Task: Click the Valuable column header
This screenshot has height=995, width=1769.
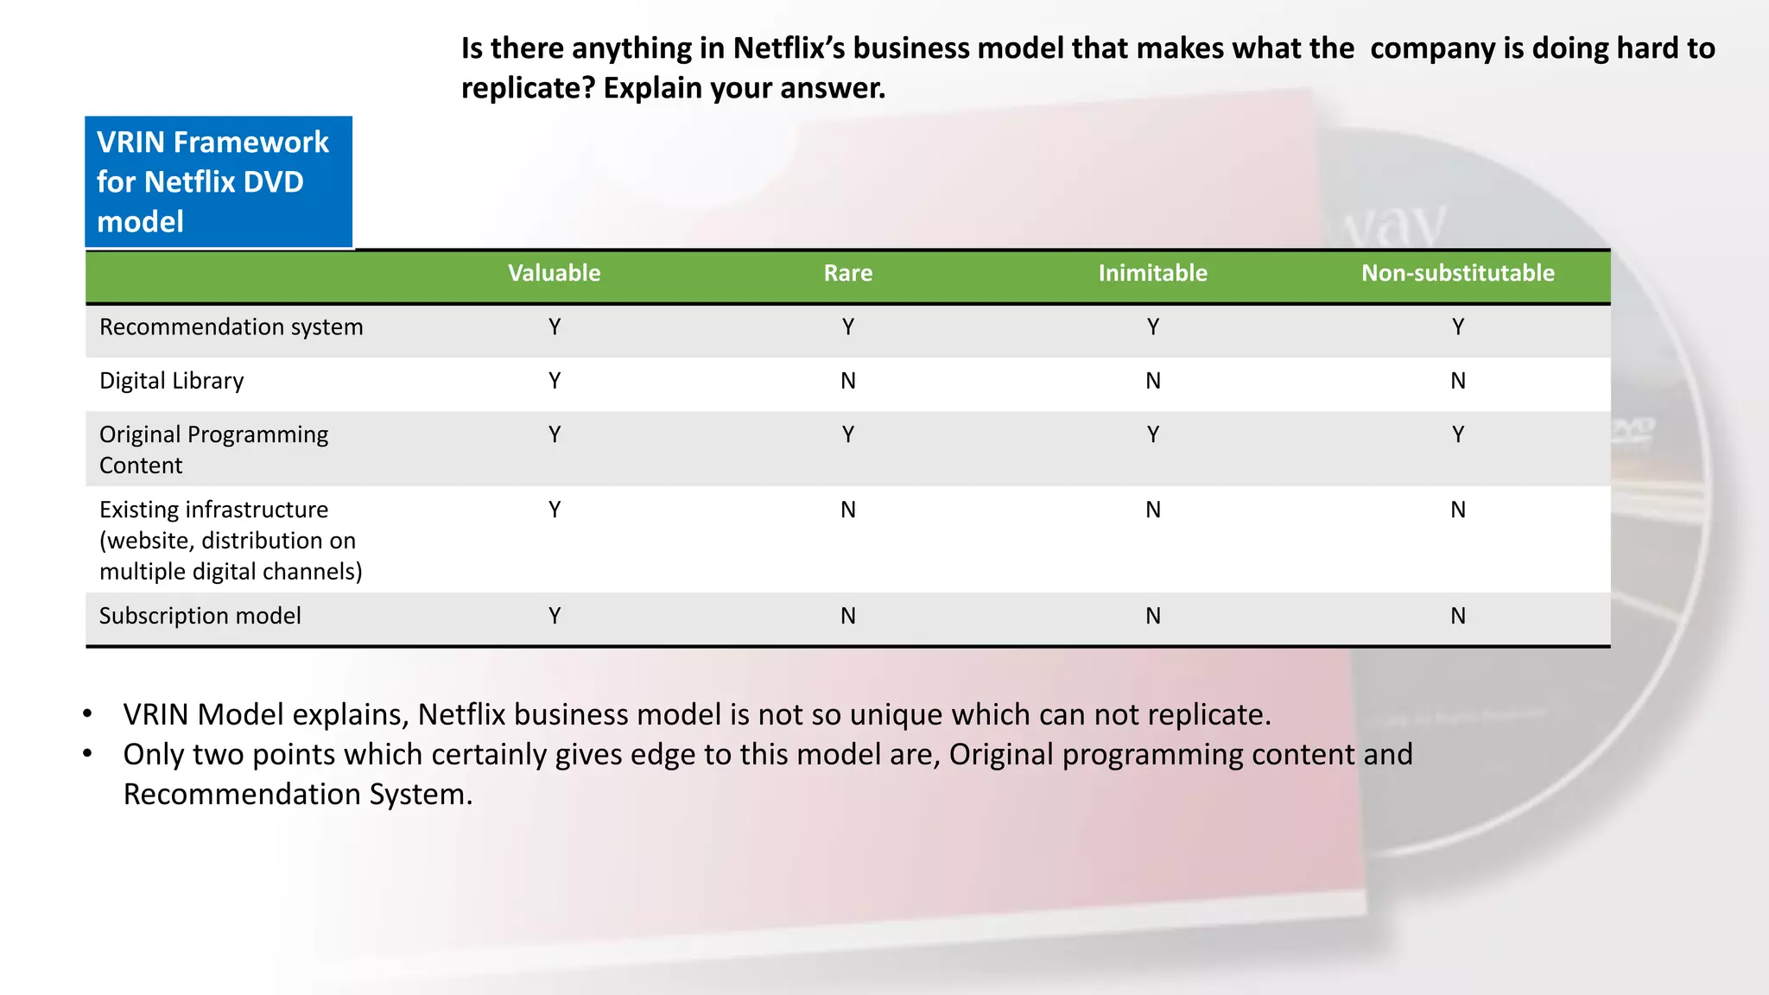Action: pos(554,273)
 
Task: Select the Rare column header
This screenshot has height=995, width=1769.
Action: pos(847,273)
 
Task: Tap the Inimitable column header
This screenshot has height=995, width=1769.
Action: pos(1152,273)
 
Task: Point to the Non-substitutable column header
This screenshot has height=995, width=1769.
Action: pos(1457,273)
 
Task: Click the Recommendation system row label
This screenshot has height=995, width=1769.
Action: pos(231,327)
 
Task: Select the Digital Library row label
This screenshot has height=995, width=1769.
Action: pos(171,381)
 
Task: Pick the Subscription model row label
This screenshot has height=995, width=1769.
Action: pos(200,616)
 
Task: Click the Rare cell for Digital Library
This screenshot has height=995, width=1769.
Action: pos(848,381)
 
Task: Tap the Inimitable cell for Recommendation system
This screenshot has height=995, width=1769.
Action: pos(1153,327)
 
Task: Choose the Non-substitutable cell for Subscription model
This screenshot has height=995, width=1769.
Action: pos(1458,616)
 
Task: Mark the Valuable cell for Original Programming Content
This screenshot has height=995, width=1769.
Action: pos(555,434)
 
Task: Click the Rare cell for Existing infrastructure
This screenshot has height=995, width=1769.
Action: pos(848,510)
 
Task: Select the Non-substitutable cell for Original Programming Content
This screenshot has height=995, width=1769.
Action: pos(1458,434)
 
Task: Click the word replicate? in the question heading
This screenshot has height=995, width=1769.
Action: pos(528,88)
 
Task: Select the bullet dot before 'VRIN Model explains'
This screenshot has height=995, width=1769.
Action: pos(87,714)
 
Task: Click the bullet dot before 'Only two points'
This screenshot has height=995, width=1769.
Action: pos(87,754)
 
